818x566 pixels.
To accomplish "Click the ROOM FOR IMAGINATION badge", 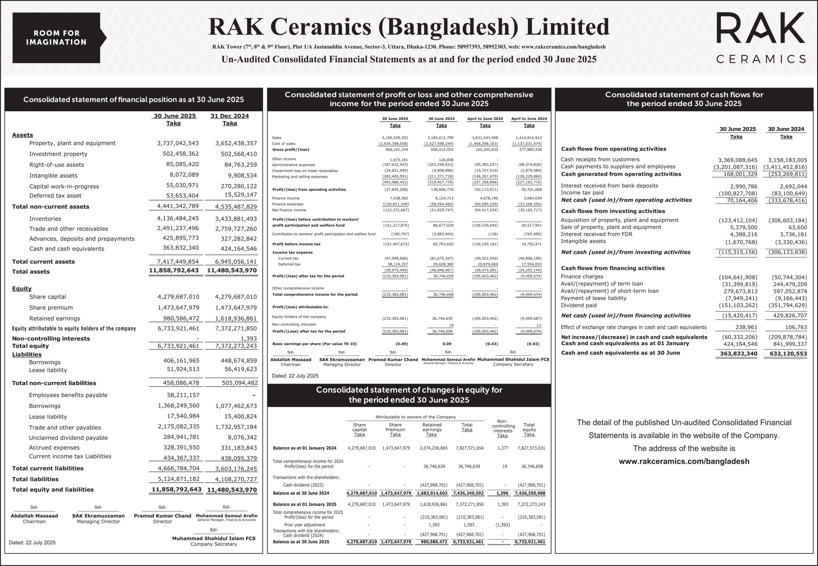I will pyautogui.click(x=57, y=38).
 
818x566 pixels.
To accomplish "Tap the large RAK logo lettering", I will pyautogui.click(x=760, y=28).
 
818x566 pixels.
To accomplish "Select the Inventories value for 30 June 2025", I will pyautogui.click(x=178, y=218).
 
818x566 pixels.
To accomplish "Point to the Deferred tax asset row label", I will pyautogui.click(x=55, y=196).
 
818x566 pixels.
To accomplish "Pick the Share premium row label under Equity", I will pyautogui.click(x=51, y=308).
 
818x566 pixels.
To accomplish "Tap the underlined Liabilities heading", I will pyautogui.click(x=27, y=354).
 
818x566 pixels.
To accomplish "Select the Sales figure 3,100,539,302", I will pyautogui.click(x=395, y=138).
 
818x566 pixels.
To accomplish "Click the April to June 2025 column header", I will pyautogui.click(x=485, y=119).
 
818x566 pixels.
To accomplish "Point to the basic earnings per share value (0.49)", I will pyautogui.click(x=402, y=344).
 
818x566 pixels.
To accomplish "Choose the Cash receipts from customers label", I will pyautogui.click(x=600, y=160).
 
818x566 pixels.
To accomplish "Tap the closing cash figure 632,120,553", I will pyautogui.click(x=788, y=354).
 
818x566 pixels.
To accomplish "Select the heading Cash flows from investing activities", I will pyautogui.click(x=613, y=211).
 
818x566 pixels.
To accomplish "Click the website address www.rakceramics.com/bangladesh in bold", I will pyautogui.click(x=684, y=461).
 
